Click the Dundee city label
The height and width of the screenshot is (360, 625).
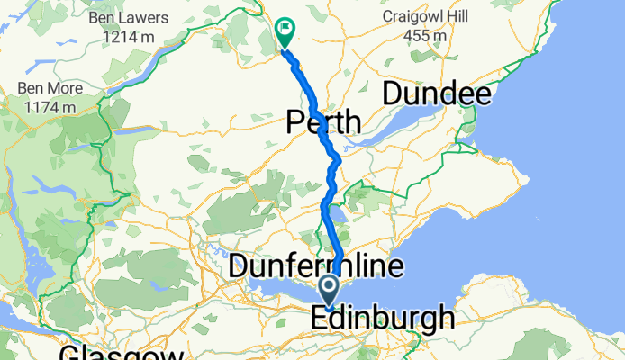point(438,94)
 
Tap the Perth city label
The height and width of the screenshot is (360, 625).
point(323,121)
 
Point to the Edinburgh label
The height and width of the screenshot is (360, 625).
point(382,319)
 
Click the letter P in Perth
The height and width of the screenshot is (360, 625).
point(295,121)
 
